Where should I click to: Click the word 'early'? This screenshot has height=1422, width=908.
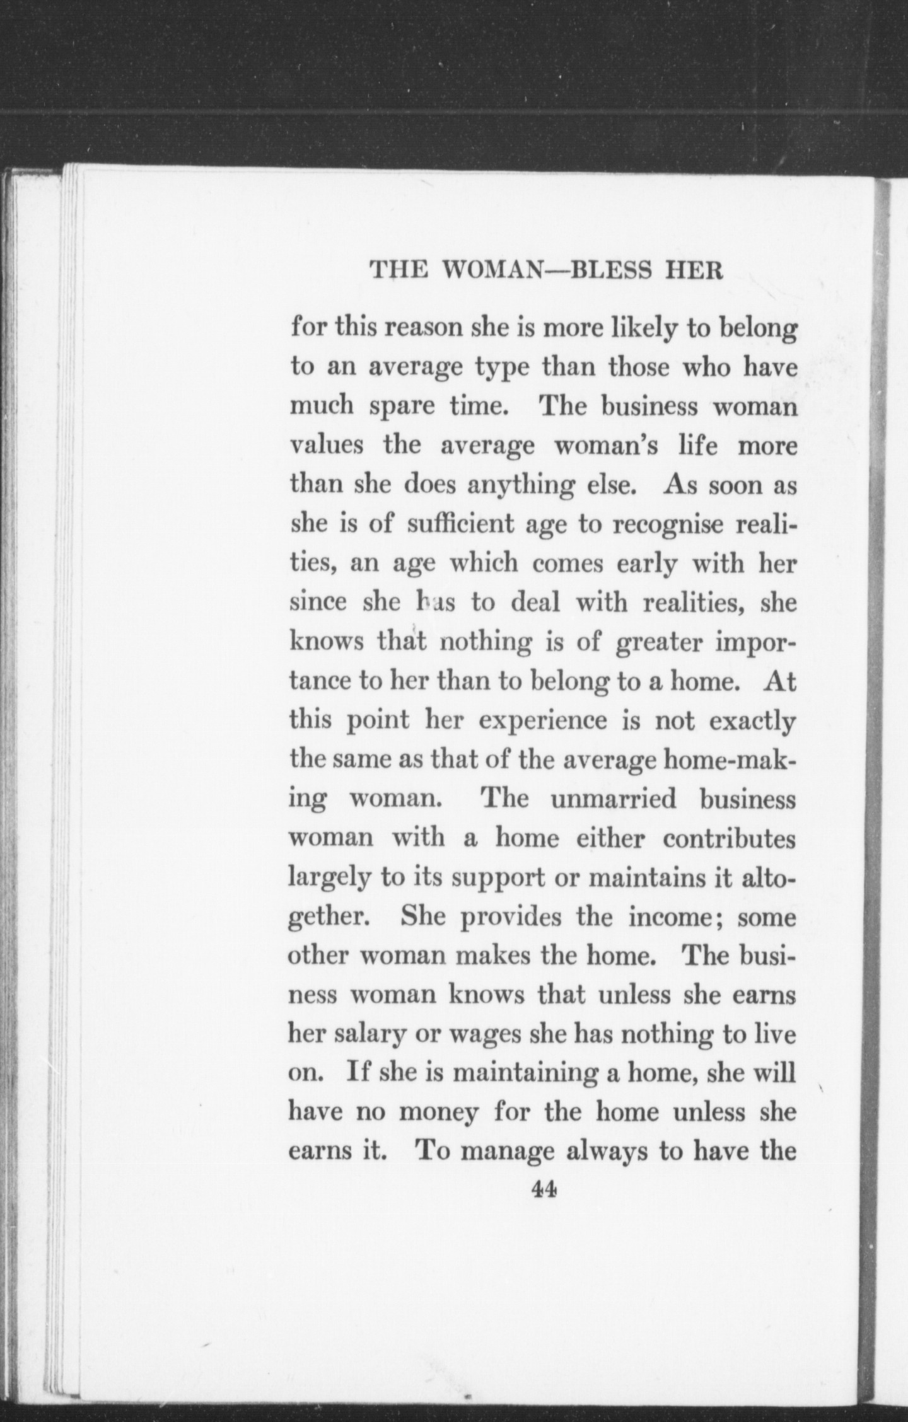(649, 564)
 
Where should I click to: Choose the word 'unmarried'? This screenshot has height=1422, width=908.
(613, 799)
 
